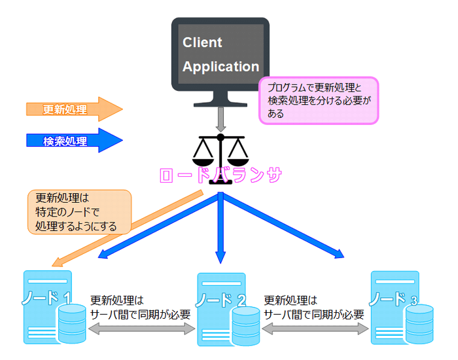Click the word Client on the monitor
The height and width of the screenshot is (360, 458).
[202, 43]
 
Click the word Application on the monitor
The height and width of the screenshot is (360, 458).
[220, 67]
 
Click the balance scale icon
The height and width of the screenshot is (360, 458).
[220, 150]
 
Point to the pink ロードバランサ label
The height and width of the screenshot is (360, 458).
[220, 176]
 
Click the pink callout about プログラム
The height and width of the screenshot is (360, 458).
[319, 100]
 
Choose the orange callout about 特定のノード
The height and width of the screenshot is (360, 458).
[77, 212]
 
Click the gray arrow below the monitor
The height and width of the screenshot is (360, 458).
[220, 119]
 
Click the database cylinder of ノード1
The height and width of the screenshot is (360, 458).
[72, 323]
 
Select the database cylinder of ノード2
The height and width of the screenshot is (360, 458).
[246, 323]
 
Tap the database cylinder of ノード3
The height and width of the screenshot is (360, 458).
[419, 323]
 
